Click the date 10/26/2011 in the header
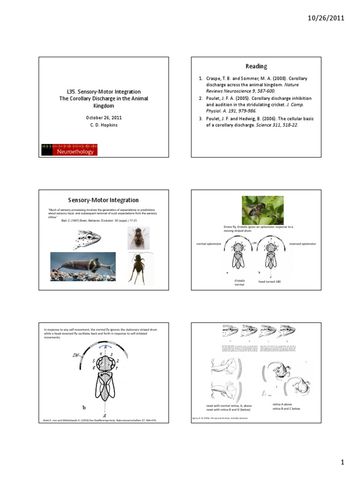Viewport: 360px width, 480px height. click(x=326, y=18)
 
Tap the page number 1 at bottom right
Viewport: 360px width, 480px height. click(x=342, y=463)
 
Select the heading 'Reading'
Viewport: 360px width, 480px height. click(x=256, y=66)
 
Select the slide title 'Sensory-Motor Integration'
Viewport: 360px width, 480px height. click(x=103, y=200)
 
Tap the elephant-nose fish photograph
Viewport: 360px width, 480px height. click(x=83, y=267)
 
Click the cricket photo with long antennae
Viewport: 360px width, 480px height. click(x=139, y=267)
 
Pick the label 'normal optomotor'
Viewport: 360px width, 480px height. click(x=208, y=244)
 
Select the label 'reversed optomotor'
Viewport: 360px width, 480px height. click(x=302, y=244)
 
